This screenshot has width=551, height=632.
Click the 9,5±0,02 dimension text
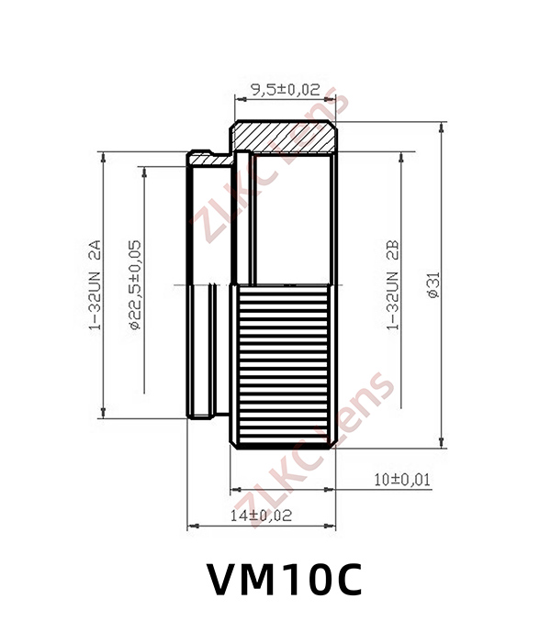[x=286, y=90]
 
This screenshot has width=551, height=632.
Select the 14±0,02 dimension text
[x=261, y=516]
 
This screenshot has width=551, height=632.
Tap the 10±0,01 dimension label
[x=402, y=480]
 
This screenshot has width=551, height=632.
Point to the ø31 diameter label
[x=433, y=285]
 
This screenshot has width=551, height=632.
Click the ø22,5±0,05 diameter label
[x=135, y=285]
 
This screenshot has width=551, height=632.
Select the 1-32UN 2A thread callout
[x=95, y=285]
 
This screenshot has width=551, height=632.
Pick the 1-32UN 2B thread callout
[x=393, y=285]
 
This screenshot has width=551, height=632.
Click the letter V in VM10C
[x=224, y=579]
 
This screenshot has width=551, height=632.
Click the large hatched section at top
[x=284, y=137]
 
